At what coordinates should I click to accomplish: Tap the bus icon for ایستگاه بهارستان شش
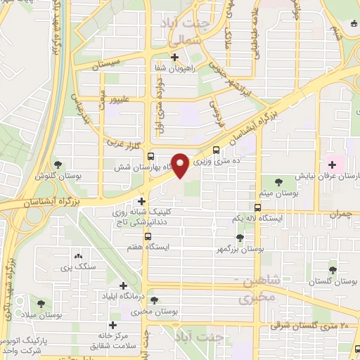(x=151, y=156)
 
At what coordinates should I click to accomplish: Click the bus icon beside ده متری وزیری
(x=216, y=149)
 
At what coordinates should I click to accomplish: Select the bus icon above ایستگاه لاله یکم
(x=258, y=207)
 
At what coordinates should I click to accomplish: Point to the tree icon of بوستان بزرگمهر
(x=240, y=238)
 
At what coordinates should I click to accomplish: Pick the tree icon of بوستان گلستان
(x=333, y=269)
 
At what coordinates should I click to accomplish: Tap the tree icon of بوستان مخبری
(x=154, y=298)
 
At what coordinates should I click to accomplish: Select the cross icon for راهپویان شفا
(x=175, y=58)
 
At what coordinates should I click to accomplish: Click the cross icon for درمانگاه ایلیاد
(x=124, y=286)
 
